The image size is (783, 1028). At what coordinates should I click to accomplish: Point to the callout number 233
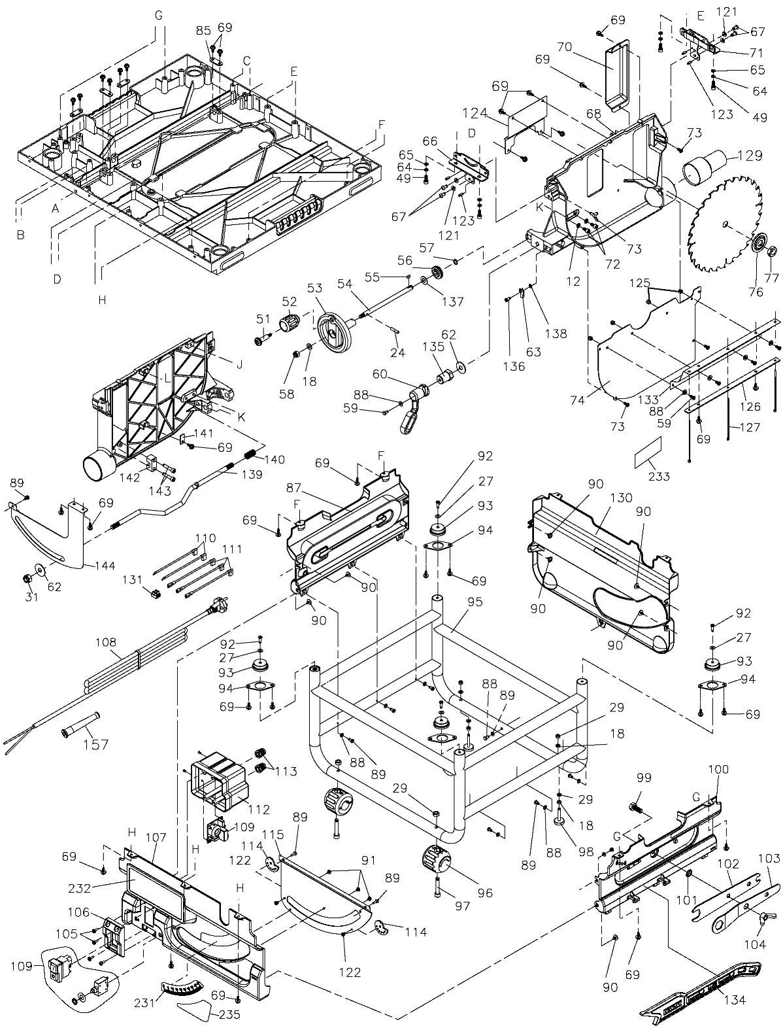point(659,476)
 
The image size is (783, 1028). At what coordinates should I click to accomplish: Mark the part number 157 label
point(95,744)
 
